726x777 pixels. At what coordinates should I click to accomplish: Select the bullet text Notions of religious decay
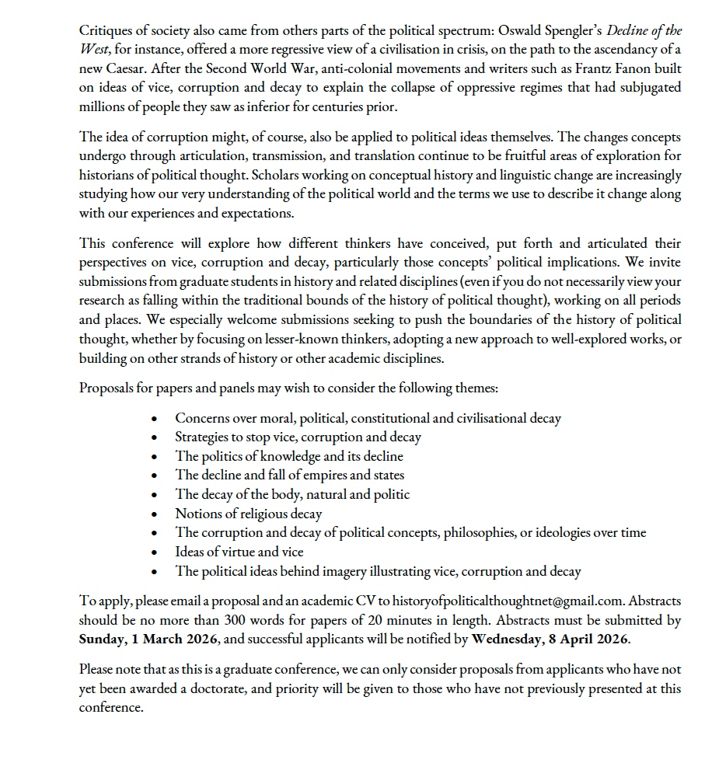coord(248,514)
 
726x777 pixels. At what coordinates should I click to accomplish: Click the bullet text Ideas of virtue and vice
coord(239,552)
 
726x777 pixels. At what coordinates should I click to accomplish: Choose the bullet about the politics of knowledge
coord(289,456)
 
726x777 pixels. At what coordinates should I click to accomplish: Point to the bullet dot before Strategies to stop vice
coord(158,437)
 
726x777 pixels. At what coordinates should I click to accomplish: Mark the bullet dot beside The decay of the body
coord(158,495)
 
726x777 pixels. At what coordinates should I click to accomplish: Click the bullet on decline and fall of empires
coord(289,475)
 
